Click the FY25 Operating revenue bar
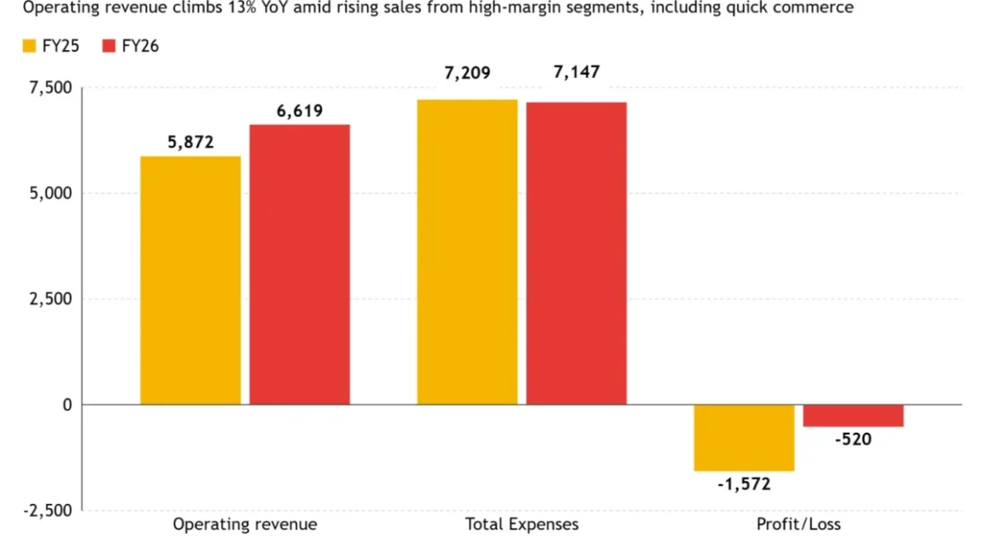click(x=190, y=281)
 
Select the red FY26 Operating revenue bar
click(x=300, y=265)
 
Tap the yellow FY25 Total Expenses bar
click(x=467, y=252)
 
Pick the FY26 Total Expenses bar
click(x=577, y=254)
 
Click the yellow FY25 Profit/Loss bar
click(x=744, y=438)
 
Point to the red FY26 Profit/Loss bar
click(x=853, y=416)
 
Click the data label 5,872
click(x=190, y=143)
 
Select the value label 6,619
click(x=300, y=111)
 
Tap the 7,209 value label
click(x=467, y=74)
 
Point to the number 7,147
click(x=577, y=72)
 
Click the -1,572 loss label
click(x=744, y=484)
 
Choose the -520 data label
click(x=853, y=439)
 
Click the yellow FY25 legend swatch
click(x=30, y=46)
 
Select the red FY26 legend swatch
click(x=109, y=46)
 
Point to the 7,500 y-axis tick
click(x=51, y=88)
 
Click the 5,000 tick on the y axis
click(x=51, y=193)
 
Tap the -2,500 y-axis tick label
click(x=48, y=511)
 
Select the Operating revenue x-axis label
click(x=245, y=524)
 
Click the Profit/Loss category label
click(x=798, y=524)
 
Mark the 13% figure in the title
click(x=240, y=8)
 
